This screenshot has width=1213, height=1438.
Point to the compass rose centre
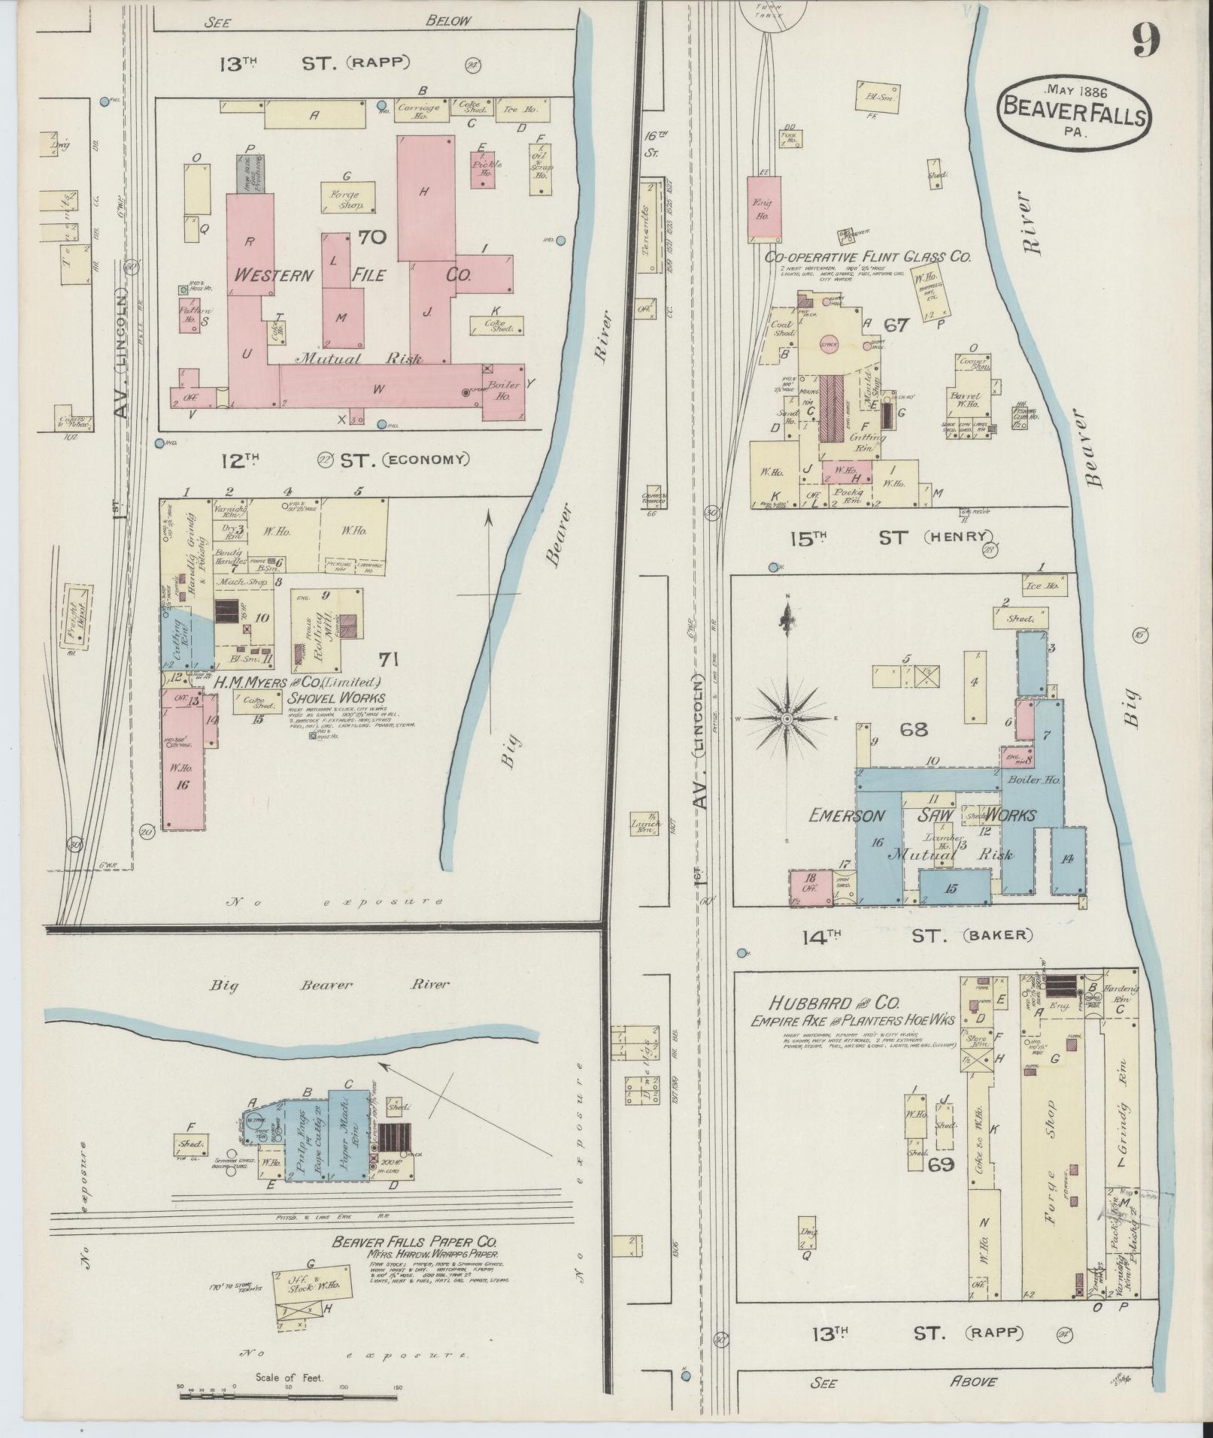[x=787, y=719]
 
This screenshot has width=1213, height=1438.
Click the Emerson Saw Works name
[x=922, y=816]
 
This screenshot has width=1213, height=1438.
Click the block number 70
[x=372, y=238]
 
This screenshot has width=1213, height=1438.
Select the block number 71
[x=388, y=660]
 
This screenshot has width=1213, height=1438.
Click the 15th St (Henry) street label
[x=891, y=537]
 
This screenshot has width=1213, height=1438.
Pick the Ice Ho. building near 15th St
[x=1041, y=585]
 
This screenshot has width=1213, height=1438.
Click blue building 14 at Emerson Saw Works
[x=1066, y=860]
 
